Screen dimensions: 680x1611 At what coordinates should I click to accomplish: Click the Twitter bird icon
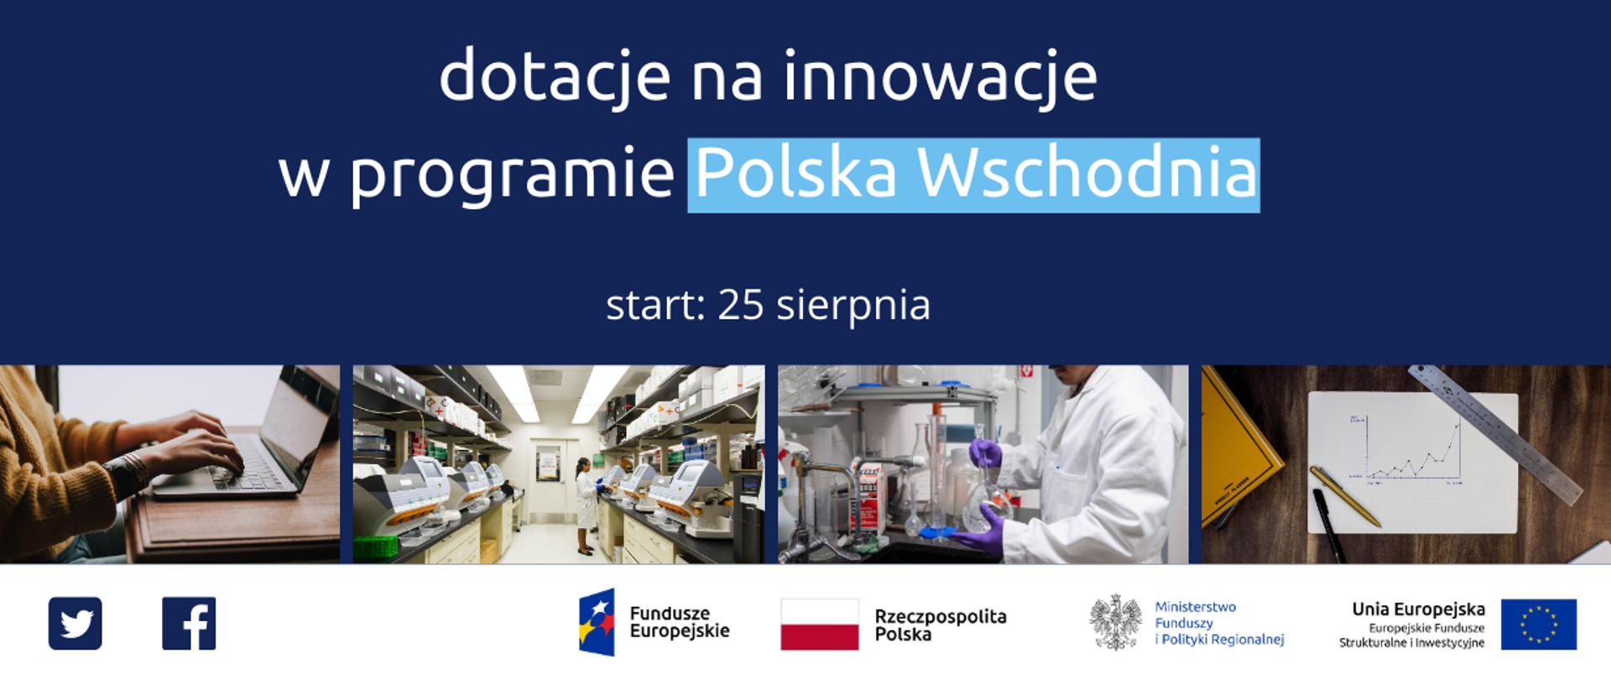tap(76, 624)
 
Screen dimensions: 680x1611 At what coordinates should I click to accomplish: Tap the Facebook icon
tap(189, 624)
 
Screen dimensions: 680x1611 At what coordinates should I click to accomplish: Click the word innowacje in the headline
tap(940, 77)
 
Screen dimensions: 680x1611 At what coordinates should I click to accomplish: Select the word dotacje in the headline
tap(555, 77)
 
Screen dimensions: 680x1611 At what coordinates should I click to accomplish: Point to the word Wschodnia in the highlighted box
tap(1087, 173)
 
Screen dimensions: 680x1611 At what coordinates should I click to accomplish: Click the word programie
tap(512, 173)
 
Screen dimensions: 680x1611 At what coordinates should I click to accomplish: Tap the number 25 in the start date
tap(740, 305)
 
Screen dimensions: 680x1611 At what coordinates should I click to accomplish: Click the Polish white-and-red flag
tap(819, 625)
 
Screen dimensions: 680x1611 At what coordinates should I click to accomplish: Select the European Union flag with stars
tap(1538, 625)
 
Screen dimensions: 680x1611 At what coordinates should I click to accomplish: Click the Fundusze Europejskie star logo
tap(597, 622)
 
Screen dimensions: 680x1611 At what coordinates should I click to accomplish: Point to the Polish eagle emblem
tap(1115, 623)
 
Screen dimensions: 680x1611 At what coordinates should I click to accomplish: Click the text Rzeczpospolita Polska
tap(940, 625)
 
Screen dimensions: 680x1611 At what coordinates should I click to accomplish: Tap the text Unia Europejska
tap(1418, 609)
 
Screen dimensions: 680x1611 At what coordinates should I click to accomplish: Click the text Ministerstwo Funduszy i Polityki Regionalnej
tap(1218, 623)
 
